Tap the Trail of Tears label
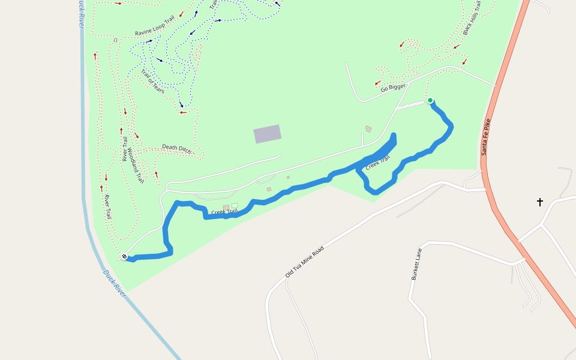click(152, 81)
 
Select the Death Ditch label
click(176, 148)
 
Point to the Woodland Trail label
click(136, 166)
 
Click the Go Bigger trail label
click(393, 88)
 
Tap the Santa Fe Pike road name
click(487, 137)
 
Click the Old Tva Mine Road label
click(304, 261)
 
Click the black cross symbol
click(539, 202)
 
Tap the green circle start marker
click(430, 100)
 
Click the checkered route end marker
click(124, 257)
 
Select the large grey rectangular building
click(268, 134)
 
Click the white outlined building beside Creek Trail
click(235, 206)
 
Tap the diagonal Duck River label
click(114, 283)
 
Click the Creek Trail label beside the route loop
click(378, 163)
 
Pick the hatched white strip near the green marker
click(410, 106)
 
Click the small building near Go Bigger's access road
click(368, 128)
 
